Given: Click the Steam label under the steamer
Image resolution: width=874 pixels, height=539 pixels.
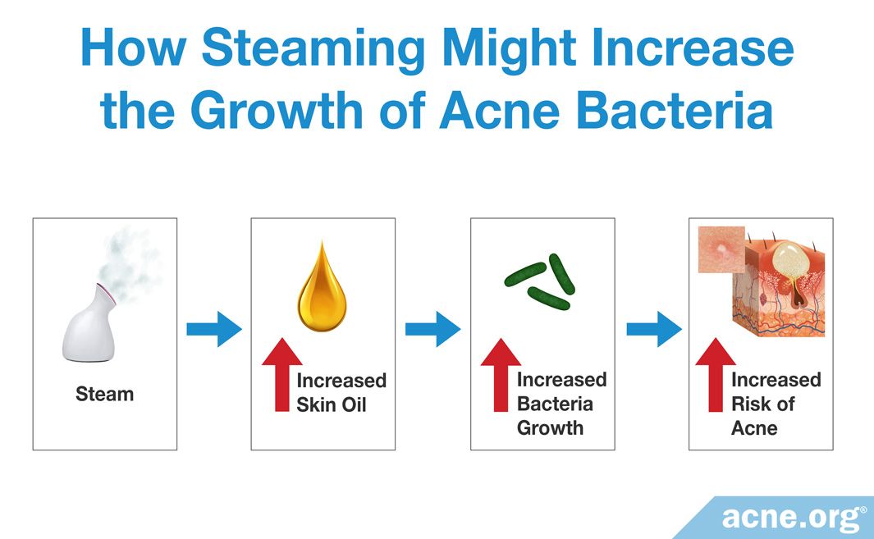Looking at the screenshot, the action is (105, 394).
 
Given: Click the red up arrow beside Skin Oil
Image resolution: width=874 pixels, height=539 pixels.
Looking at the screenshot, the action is (282, 375).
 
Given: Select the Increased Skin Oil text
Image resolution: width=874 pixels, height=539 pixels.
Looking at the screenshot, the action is (341, 392).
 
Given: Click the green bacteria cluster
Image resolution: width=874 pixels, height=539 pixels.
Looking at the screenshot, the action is (539, 281).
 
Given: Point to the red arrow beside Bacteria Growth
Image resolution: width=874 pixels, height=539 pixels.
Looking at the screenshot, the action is (501, 375).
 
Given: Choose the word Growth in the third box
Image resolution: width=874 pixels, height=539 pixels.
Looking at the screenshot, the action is (550, 428).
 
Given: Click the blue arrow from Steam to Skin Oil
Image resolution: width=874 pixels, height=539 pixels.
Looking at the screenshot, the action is (214, 329).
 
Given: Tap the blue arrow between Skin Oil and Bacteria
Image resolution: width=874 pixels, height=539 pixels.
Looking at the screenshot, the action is (432, 329).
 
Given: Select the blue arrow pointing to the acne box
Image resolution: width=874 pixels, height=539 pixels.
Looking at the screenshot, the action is (654, 329).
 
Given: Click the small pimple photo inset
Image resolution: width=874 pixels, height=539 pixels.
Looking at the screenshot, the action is (722, 249).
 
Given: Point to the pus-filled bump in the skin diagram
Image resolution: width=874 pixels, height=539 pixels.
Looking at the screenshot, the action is (790, 259).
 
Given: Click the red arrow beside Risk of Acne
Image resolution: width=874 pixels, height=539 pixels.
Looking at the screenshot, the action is (716, 375).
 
